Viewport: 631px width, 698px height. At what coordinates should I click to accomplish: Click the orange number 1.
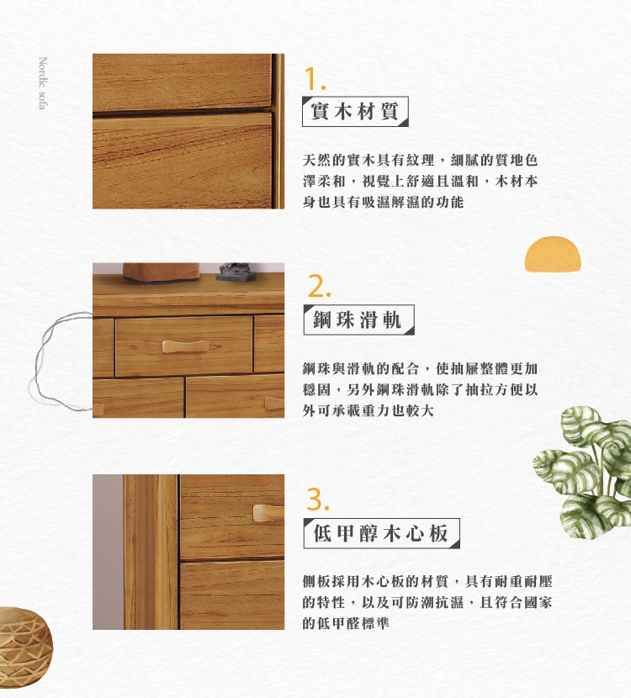tap(314, 79)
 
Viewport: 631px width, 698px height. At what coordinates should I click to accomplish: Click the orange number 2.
tap(319, 286)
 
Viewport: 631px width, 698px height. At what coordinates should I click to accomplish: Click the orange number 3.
tap(318, 499)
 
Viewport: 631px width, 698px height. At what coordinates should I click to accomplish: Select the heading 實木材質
tap(355, 111)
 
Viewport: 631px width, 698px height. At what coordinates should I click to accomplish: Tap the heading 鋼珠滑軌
tap(358, 320)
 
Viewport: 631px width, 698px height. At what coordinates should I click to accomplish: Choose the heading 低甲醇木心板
tap(381, 533)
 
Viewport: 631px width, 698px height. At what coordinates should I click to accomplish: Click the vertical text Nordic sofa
tap(43, 82)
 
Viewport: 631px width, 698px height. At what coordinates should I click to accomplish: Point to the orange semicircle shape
tap(553, 254)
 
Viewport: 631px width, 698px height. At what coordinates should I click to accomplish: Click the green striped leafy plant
tap(583, 473)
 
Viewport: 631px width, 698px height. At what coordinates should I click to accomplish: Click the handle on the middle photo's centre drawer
tap(185, 346)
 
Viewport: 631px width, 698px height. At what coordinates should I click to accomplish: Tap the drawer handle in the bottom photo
tap(268, 512)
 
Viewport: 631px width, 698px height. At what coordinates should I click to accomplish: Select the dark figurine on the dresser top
tap(236, 272)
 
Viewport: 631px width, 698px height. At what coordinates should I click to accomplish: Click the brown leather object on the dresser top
tap(161, 272)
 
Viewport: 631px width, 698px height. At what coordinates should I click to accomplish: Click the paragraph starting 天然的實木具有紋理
tap(420, 181)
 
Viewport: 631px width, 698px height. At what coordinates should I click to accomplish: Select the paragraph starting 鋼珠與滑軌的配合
tap(420, 389)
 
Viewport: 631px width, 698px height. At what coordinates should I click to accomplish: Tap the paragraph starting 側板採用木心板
tap(427, 602)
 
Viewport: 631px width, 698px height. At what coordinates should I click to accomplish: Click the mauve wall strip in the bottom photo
tap(109, 552)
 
